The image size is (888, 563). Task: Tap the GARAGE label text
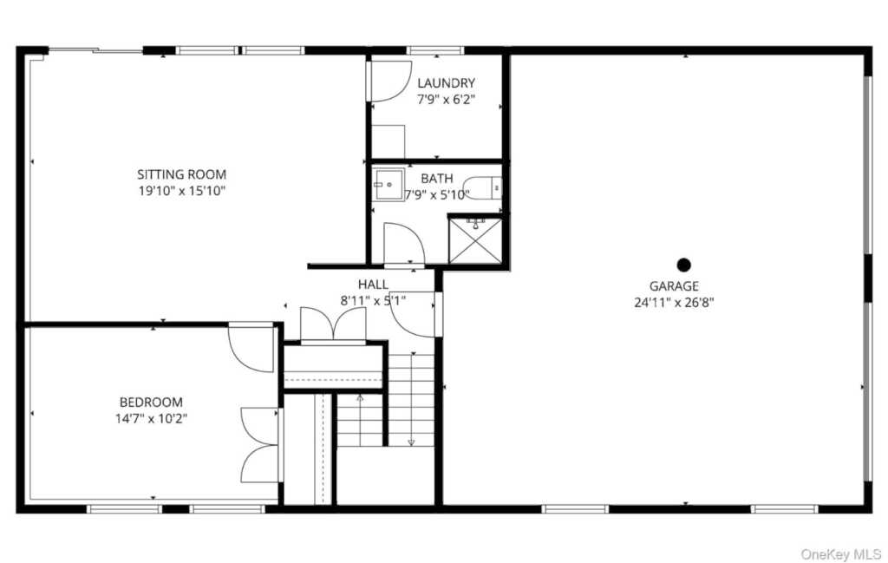(x=674, y=286)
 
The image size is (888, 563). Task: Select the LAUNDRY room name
(x=446, y=83)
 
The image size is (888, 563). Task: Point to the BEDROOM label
(x=151, y=403)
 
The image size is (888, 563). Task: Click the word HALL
(x=373, y=285)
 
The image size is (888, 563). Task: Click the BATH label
(x=437, y=179)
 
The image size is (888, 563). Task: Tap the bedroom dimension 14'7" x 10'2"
(x=152, y=419)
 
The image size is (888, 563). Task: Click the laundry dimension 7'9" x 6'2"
(x=446, y=100)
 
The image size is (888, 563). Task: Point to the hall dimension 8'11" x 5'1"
(x=373, y=301)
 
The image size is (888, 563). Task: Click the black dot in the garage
(x=683, y=265)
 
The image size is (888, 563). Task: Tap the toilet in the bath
(x=482, y=186)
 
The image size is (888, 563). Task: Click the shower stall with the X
(x=475, y=239)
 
